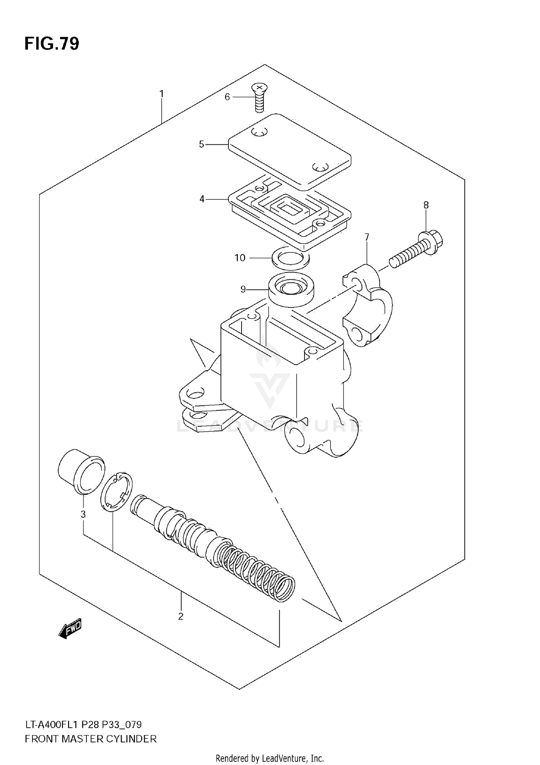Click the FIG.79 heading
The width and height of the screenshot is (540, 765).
pyautogui.click(x=51, y=44)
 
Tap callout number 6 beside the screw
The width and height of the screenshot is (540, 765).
pyautogui.click(x=227, y=97)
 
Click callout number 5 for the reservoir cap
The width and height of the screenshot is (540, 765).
pyautogui.click(x=201, y=144)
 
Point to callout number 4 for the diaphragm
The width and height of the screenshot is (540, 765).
pyautogui.click(x=202, y=199)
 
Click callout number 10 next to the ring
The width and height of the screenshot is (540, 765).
pyautogui.click(x=240, y=258)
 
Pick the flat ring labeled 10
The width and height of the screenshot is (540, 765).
pyautogui.click(x=291, y=258)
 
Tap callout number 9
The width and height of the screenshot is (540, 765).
pyautogui.click(x=243, y=289)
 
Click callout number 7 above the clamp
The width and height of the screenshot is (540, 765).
pyautogui.click(x=367, y=237)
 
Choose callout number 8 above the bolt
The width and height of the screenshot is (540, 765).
pyautogui.click(x=426, y=205)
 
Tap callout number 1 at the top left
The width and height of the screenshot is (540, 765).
pyautogui.click(x=162, y=94)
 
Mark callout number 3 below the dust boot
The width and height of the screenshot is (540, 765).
pyautogui.click(x=83, y=514)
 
